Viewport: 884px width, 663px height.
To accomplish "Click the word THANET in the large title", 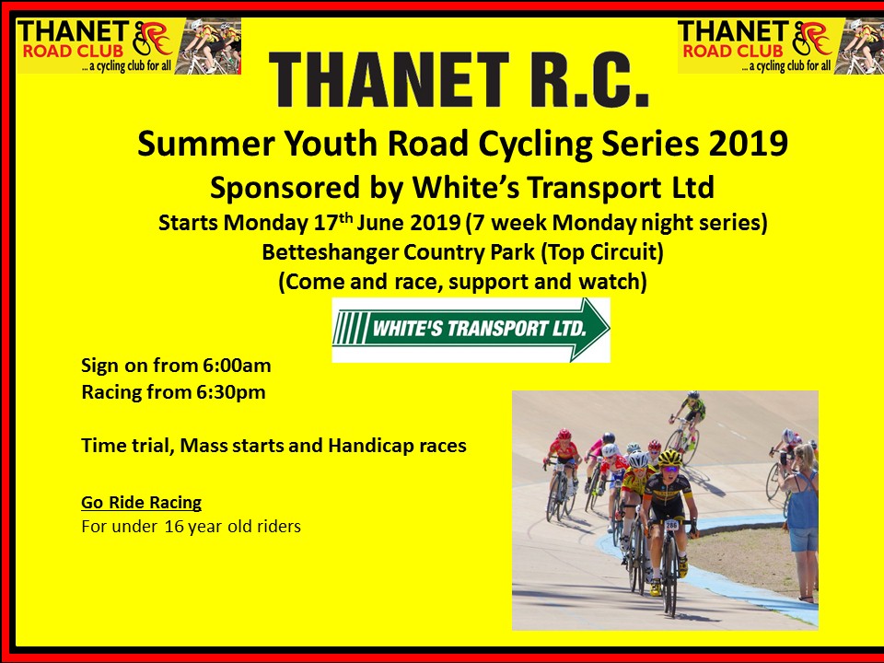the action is pyautogui.click(x=389, y=80).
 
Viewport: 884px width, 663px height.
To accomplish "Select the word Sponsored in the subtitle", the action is pyautogui.click(x=285, y=188).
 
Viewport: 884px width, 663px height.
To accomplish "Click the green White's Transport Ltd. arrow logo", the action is pyautogui.click(x=471, y=330).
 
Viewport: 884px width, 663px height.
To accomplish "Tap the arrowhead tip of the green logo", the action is pyautogui.click(x=609, y=329).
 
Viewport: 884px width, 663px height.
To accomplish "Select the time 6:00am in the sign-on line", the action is pyautogui.click(x=237, y=366).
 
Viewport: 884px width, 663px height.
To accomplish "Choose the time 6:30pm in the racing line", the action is pyautogui.click(x=231, y=392).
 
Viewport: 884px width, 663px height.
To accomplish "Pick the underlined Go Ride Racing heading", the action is pyautogui.click(x=142, y=503).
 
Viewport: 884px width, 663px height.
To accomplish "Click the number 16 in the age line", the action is pyautogui.click(x=174, y=527).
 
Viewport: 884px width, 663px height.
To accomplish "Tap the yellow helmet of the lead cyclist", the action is pyautogui.click(x=669, y=458).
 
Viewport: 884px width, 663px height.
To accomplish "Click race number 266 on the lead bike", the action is pyautogui.click(x=671, y=524).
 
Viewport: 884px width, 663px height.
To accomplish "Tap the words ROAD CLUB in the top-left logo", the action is pyautogui.click(x=73, y=51).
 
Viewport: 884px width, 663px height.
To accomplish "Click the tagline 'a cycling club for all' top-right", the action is pyautogui.click(x=789, y=66).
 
